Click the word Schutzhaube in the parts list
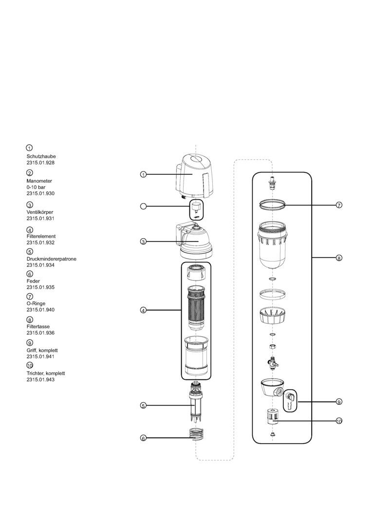tap(40, 156)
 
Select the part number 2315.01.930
tap(40, 193)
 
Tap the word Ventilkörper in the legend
tap(40, 212)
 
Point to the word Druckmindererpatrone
tap(51, 259)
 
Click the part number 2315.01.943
tap(40, 379)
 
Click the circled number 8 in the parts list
tap(30, 319)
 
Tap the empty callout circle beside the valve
tap(143, 206)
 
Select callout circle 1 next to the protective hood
tap(143, 174)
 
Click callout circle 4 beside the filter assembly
tap(143, 310)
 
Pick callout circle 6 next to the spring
tap(143, 438)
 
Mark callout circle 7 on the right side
tap(339, 205)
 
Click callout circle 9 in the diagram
tap(339, 402)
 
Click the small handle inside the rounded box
tap(290, 400)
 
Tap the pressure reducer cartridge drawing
tap(196, 402)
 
